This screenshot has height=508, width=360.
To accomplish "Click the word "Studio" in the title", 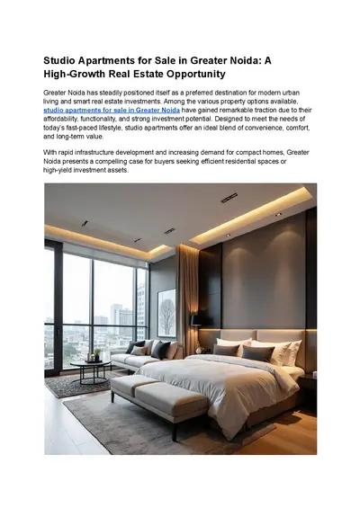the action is click(x=62, y=59).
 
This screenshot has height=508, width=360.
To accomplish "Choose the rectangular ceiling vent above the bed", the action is click(x=229, y=197).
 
